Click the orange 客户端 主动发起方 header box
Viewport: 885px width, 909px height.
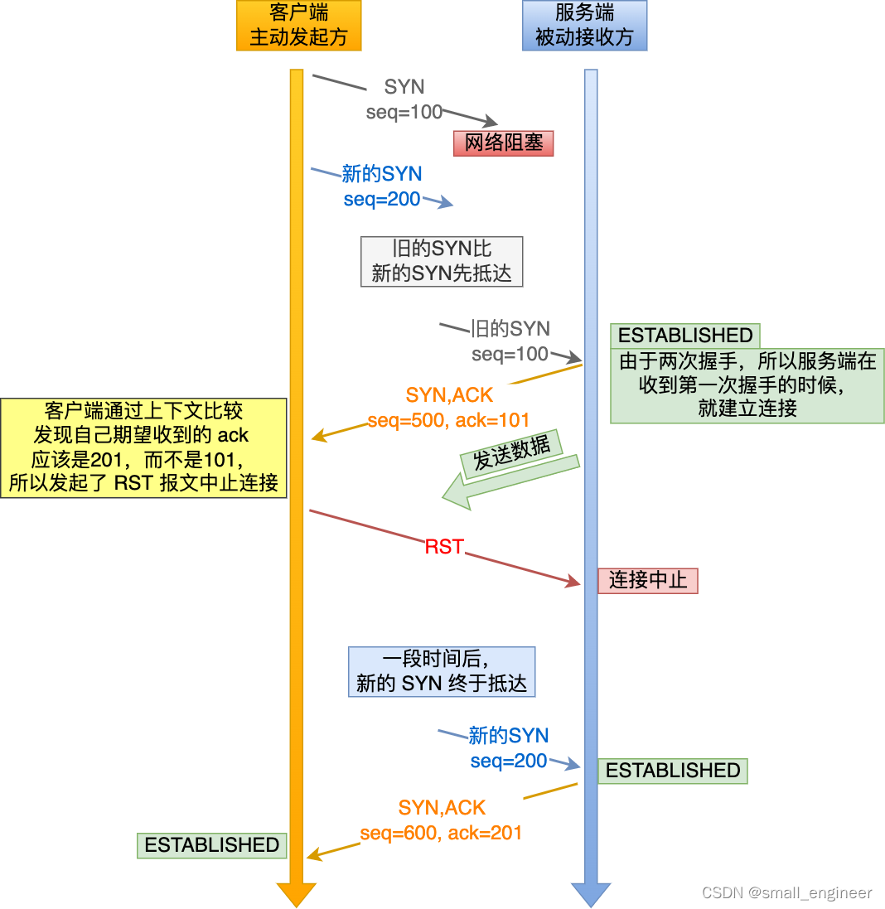(x=298, y=26)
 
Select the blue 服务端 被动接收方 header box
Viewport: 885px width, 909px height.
(x=584, y=26)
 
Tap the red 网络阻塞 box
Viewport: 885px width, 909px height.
(x=503, y=143)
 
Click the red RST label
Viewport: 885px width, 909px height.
(x=444, y=547)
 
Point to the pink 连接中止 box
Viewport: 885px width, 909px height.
(x=648, y=580)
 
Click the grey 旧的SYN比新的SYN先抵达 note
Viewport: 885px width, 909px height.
(x=442, y=261)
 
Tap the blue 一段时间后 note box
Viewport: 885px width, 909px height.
(x=441, y=671)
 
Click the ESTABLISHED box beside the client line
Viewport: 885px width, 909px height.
(x=211, y=845)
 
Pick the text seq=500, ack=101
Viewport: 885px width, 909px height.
(x=448, y=420)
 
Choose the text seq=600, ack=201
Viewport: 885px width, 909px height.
(x=441, y=833)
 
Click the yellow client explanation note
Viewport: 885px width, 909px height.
(x=143, y=447)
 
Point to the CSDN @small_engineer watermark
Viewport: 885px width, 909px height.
(x=786, y=892)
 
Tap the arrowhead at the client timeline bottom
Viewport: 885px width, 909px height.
(x=297, y=893)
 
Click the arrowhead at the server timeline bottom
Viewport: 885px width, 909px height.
(x=591, y=893)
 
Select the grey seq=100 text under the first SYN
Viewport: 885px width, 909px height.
(x=404, y=112)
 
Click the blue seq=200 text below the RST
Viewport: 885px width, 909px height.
(x=509, y=761)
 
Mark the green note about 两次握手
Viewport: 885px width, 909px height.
(x=747, y=384)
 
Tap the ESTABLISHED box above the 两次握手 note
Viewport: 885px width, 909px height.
(x=685, y=336)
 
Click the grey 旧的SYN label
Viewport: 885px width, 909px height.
(x=510, y=329)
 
